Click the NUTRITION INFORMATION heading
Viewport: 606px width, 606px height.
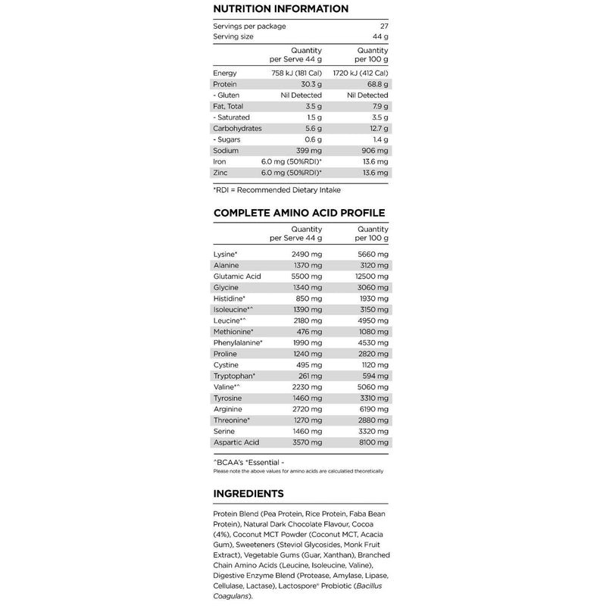pos(281,9)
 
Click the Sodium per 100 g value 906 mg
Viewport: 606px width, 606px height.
pos(373,151)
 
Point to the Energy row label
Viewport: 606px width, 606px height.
pos(226,73)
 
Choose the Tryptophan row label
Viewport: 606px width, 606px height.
pos(235,376)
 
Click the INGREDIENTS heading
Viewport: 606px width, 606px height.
pos(249,494)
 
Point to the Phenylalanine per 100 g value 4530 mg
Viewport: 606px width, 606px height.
pos(371,342)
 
